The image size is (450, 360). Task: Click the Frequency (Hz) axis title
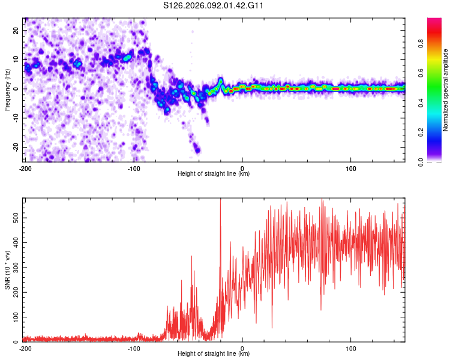pyautogui.click(x=7, y=89)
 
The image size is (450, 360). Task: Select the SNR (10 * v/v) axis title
pyautogui.click(x=7, y=270)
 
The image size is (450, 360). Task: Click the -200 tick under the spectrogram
pyautogui.click(x=25, y=168)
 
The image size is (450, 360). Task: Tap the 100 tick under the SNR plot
pyautogui.click(x=351, y=348)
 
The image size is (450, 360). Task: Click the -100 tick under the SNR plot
pyautogui.click(x=134, y=348)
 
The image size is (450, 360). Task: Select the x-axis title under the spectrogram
pyautogui.click(x=214, y=174)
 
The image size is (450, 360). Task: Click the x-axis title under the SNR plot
pyautogui.click(x=214, y=354)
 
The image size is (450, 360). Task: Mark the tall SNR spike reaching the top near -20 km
pyautogui.click(x=220, y=201)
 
